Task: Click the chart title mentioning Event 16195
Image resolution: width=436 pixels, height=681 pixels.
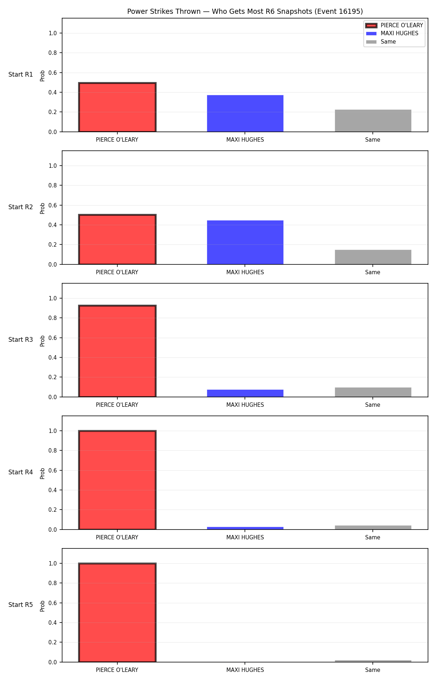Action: (245, 11)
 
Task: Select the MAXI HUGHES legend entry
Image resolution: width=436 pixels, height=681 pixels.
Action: (392, 33)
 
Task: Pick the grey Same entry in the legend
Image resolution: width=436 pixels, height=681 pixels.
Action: (381, 42)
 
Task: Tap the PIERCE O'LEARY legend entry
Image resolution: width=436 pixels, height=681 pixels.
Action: (394, 25)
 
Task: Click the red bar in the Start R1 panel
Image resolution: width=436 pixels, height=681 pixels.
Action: (117, 107)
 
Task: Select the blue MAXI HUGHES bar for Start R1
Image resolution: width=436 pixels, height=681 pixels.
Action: (245, 113)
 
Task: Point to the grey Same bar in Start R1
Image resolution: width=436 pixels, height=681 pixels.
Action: (373, 121)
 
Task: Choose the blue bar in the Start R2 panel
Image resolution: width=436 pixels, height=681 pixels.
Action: (245, 242)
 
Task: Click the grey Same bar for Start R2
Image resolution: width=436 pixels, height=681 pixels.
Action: (373, 257)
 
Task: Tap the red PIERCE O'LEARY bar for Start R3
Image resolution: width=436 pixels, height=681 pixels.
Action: (117, 351)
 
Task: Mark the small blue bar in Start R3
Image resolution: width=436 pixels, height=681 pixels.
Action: (245, 393)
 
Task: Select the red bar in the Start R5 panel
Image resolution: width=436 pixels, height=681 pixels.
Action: (117, 613)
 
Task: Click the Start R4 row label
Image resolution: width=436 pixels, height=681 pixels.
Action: (21, 472)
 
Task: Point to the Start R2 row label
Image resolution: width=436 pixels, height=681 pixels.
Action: (21, 207)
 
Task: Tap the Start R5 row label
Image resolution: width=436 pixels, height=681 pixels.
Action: (21, 605)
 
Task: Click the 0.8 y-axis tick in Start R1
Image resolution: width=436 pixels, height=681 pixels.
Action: (53, 53)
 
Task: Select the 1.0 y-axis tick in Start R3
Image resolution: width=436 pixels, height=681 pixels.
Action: (53, 298)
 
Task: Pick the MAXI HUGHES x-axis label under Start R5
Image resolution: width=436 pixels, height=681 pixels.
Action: (245, 670)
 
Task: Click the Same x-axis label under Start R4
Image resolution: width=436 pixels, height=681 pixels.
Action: (373, 538)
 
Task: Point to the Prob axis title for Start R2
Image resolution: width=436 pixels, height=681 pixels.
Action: (43, 208)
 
